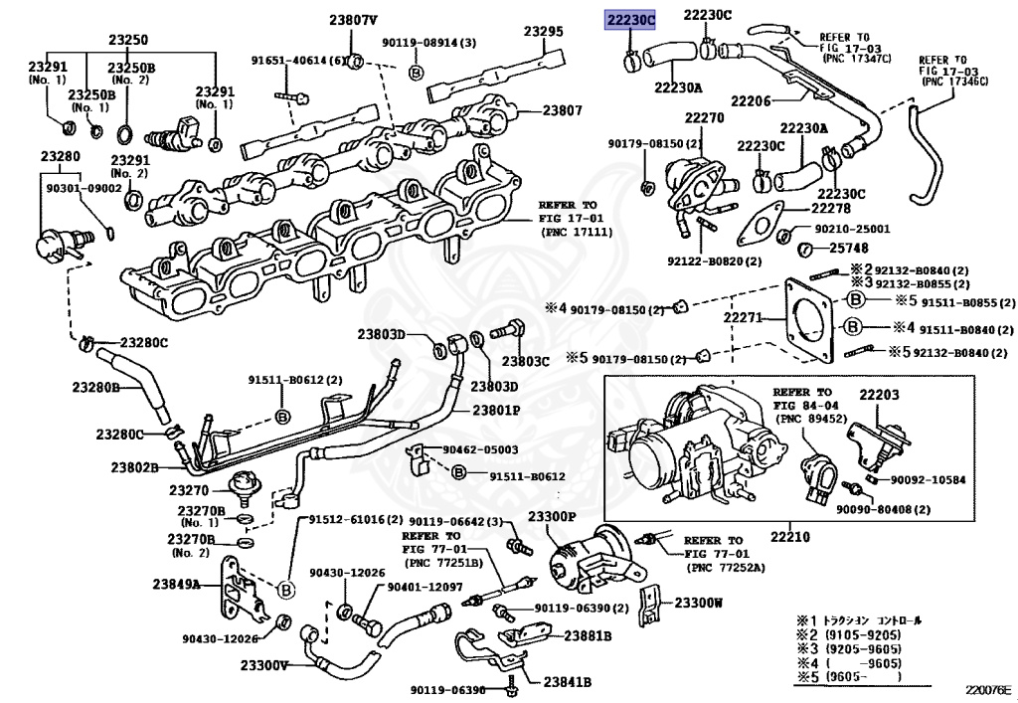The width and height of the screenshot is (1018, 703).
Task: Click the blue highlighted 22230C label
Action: pos(631,18)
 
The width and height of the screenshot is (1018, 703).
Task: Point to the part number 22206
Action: pos(752,100)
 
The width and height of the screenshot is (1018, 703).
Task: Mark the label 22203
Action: pos(879,395)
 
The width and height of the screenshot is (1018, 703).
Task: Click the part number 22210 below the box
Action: pos(791,537)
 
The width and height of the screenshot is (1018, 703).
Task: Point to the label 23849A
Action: pos(177,584)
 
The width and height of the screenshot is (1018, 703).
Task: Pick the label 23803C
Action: pos(525,361)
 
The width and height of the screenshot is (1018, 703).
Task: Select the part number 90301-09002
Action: pos(84,188)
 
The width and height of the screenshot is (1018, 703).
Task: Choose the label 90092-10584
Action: pos(929,480)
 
